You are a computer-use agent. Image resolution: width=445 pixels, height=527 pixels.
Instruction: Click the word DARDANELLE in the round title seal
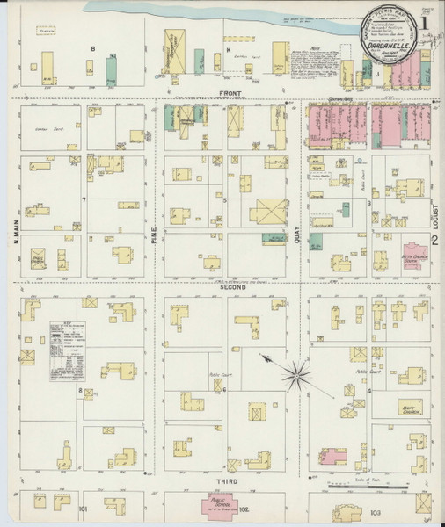click(x=393, y=50)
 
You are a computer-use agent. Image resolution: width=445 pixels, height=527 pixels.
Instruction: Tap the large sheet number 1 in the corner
click(x=427, y=18)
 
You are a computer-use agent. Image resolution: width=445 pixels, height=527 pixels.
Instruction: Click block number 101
click(x=83, y=508)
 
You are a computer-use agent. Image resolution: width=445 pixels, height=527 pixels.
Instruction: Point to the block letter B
click(x=92, y=47)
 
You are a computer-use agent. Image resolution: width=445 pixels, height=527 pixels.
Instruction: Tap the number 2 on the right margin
click(x=434, y=240)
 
